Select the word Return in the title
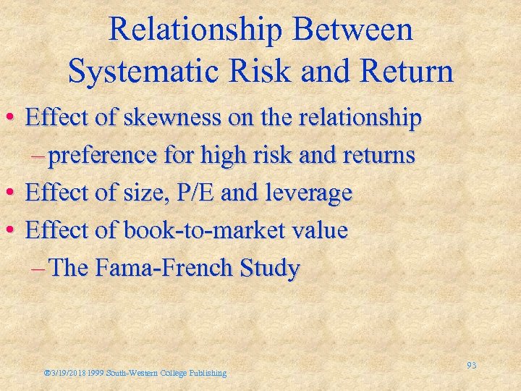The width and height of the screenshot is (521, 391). (x=410, y=71)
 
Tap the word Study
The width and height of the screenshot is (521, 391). (x=266, y=269)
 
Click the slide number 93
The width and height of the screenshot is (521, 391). (x=471, y=366)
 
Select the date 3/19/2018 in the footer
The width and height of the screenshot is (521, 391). (x=70, y=374)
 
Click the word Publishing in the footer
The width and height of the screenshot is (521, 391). (x=208, y=374)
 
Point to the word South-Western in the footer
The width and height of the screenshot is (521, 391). (x=130, y=374)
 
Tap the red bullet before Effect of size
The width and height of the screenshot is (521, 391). (x=13, y=194)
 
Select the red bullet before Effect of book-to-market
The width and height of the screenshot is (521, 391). (x=13, y=232)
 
